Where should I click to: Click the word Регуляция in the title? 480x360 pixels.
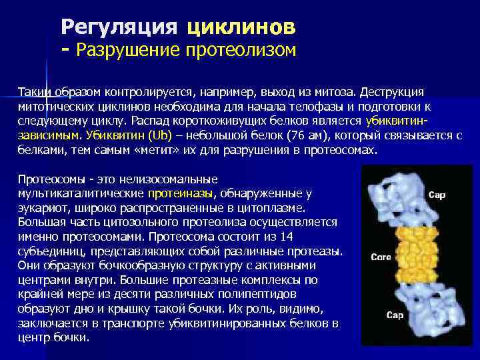[x=119, y=27]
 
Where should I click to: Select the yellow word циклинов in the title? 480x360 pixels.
[x=241, y=27]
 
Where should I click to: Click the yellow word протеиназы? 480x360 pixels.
[x=181, y=194]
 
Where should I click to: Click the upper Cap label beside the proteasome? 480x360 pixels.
[x=437, y=195]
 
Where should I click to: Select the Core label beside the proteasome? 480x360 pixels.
[x=380, y=257]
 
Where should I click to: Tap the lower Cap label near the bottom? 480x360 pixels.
[x=395, y=315]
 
